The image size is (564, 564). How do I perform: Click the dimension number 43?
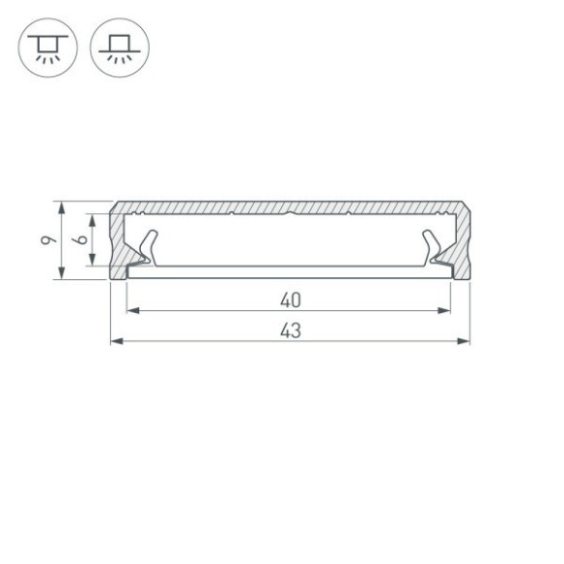tap(290, 331)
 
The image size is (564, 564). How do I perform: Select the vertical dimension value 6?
tap(83, 239)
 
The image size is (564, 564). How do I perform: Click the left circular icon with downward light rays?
tap(44, 46)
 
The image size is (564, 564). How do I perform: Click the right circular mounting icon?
tap(114, 46)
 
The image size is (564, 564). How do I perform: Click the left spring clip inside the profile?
tap(146, 247)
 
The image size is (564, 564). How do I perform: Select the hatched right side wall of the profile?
tap(462, 243)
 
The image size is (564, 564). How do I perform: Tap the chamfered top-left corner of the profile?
tap(114, 205)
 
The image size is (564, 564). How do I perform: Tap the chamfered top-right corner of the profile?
tap(468, 205)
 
